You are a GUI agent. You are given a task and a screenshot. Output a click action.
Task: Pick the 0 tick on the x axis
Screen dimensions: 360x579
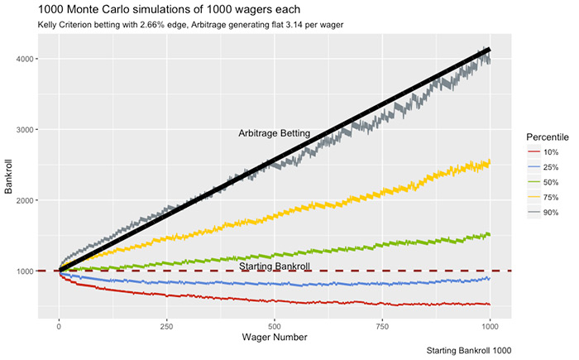59,326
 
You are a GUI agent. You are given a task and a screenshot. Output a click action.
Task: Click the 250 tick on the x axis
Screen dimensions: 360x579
167,326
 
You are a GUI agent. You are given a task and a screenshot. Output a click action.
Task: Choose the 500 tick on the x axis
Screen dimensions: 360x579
275,326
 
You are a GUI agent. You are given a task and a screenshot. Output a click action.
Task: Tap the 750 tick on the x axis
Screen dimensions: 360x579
383,326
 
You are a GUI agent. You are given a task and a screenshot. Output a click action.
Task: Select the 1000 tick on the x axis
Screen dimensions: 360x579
490,326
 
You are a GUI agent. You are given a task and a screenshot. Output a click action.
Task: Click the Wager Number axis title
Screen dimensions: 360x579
275,338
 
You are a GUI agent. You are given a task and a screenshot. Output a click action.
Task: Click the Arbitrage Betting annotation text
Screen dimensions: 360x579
274,132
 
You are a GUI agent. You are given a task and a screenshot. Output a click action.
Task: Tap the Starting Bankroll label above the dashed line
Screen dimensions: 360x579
275,266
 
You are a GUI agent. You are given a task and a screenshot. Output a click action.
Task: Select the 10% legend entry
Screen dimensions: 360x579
551,152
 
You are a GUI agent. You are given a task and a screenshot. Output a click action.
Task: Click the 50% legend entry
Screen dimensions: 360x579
551,182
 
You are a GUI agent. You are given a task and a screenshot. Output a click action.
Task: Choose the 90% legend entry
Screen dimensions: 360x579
551,213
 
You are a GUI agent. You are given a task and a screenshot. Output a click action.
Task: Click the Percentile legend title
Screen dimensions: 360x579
546,136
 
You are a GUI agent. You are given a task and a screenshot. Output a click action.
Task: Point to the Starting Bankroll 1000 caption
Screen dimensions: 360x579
469,351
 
